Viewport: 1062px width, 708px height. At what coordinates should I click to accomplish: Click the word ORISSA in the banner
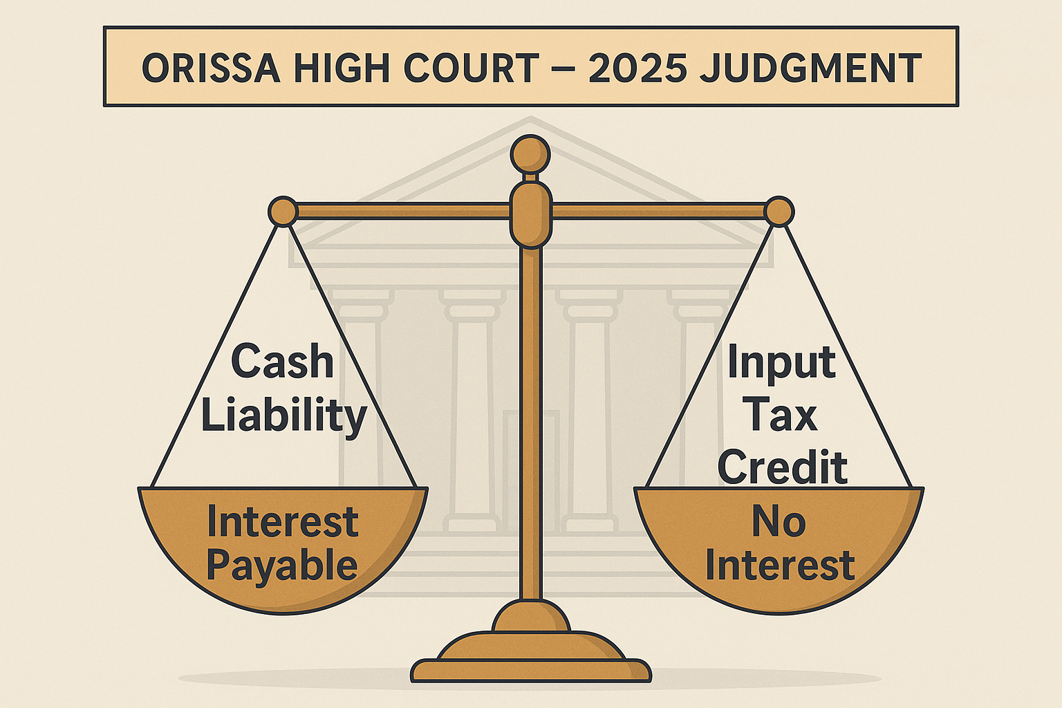[x=212, y=68]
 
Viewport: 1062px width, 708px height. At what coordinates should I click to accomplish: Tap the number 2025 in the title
[x=637, y=68]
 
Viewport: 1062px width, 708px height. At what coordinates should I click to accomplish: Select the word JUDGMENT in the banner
[x=811, y=68]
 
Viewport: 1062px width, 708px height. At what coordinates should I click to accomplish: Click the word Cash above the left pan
[x=283, y=362]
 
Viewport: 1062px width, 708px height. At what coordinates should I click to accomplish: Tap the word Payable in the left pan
[x=282, y=566]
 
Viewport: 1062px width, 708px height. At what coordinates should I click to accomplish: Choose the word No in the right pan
[x=779, y=521]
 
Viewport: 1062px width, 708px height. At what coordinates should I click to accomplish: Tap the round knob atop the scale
[x=530, y=155]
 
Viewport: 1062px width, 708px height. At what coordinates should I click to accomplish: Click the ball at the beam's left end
[x=283, y=212]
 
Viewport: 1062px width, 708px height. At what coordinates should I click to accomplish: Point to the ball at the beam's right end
[x=779, y=212]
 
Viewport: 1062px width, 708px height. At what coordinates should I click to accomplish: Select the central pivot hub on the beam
[x=531, y=215]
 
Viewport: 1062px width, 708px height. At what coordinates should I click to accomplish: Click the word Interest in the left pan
[x=283, y=522]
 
